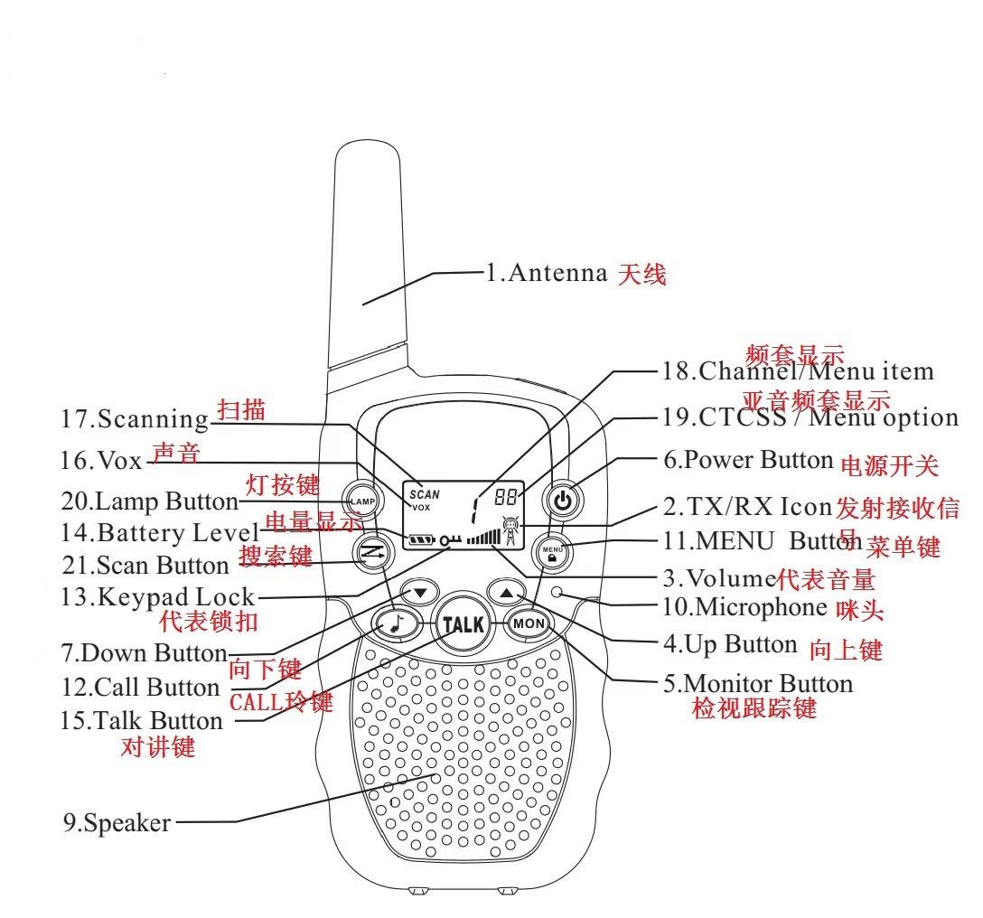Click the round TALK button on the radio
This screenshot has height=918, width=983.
click(x=462, y=623)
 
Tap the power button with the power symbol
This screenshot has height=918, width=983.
click(x=563, y=500)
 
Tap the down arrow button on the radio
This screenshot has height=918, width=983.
click(x=420, y=593)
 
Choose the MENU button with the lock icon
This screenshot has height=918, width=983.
click(x=552, y=551)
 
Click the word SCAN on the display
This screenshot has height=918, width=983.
click(x=425, y=494)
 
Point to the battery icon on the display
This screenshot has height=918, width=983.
click(x=421, y=541)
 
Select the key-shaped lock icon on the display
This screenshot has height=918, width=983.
click(x=449, y=540)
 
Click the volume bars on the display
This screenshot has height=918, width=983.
click(x=482, y=538)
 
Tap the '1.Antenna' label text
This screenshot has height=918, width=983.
click(x=547, y=272)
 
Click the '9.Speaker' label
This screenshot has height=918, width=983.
click(x=117, y=823)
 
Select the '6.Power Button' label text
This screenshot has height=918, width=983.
click(x=748, y=460)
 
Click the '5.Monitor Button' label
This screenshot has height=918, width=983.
click(x=758, y=683)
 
